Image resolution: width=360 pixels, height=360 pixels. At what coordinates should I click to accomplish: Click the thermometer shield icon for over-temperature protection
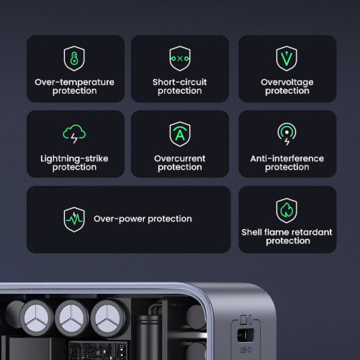(x=75, y=58)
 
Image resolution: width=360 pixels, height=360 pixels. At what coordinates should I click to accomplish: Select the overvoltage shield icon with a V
(x=287, y=58)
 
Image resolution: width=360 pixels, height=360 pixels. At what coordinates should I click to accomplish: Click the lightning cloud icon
(x=75, y=135)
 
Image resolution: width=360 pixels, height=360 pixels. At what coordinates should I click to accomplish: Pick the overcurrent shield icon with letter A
(x=179, y=135)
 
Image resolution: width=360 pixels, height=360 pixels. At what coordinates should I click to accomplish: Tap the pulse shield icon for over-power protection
(x=74, y=219)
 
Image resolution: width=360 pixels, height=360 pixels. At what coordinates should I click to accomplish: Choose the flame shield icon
(x=287, y=210)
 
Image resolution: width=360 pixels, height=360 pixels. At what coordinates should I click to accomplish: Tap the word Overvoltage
(x=287, y=82)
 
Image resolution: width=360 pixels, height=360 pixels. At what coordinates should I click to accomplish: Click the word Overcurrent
(x=179, y=158)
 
